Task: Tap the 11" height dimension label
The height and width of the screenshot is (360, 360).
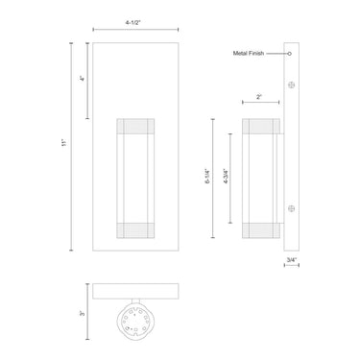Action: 62,144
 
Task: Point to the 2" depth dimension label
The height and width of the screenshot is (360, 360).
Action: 259,97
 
